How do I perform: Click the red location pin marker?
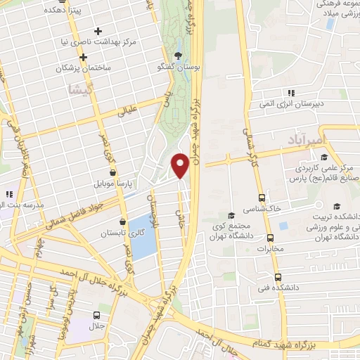tap(180, 165)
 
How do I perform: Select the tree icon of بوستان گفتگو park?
tap(178, 55)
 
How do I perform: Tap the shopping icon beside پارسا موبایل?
tap(112, 172)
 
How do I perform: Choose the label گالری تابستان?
tap(116, 233)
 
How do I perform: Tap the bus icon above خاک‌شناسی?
tap(262, 198)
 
